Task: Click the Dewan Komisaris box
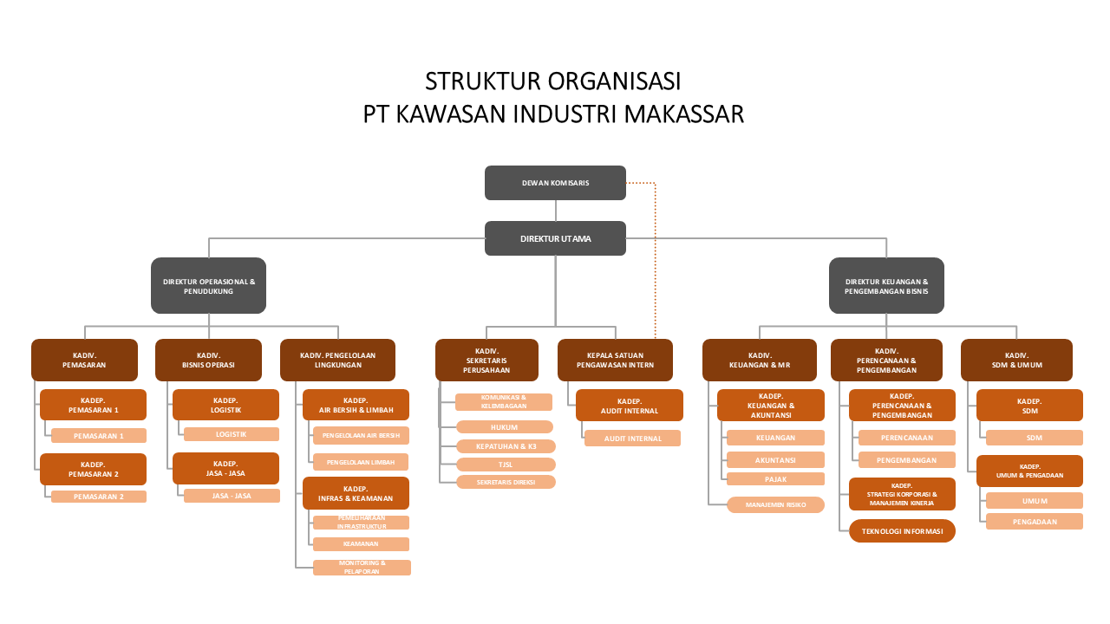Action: pos(555,183)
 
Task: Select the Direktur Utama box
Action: pos(555,238)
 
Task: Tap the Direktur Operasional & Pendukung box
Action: pos(209,286)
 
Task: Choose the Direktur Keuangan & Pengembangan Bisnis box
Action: pos(886,286)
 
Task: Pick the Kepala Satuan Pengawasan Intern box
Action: pos(615,360)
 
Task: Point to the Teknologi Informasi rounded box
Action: pos(902,530)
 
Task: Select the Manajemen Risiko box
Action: pos(775,504)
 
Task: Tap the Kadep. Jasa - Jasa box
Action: pos(225,468)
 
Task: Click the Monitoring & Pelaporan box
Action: pos(362,568)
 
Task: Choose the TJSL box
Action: pos(506,465)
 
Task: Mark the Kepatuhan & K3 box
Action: pos(506,446)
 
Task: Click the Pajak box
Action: pos(775,478)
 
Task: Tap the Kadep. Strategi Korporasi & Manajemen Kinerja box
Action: pos(902,494)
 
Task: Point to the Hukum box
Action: pos(505,426)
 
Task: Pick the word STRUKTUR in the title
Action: pos(481,81)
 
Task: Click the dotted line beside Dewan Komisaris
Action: pos(655,260)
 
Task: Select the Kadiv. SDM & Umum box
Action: pos(1016,360)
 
